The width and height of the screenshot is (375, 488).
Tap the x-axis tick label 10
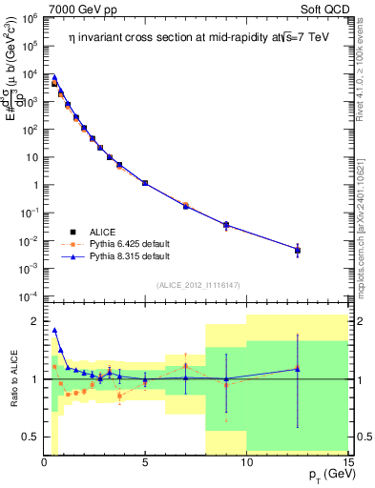click(x=246, y=463)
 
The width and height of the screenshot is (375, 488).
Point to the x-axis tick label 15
click(x=347, y=463)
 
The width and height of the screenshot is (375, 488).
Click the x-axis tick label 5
click(x=145, y=463)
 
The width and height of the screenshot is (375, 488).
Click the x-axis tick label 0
click(x=44, y=463)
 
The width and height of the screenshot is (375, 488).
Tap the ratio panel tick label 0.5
click(x=30, y=437)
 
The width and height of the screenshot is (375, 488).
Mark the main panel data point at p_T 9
click(x=226, y=225)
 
